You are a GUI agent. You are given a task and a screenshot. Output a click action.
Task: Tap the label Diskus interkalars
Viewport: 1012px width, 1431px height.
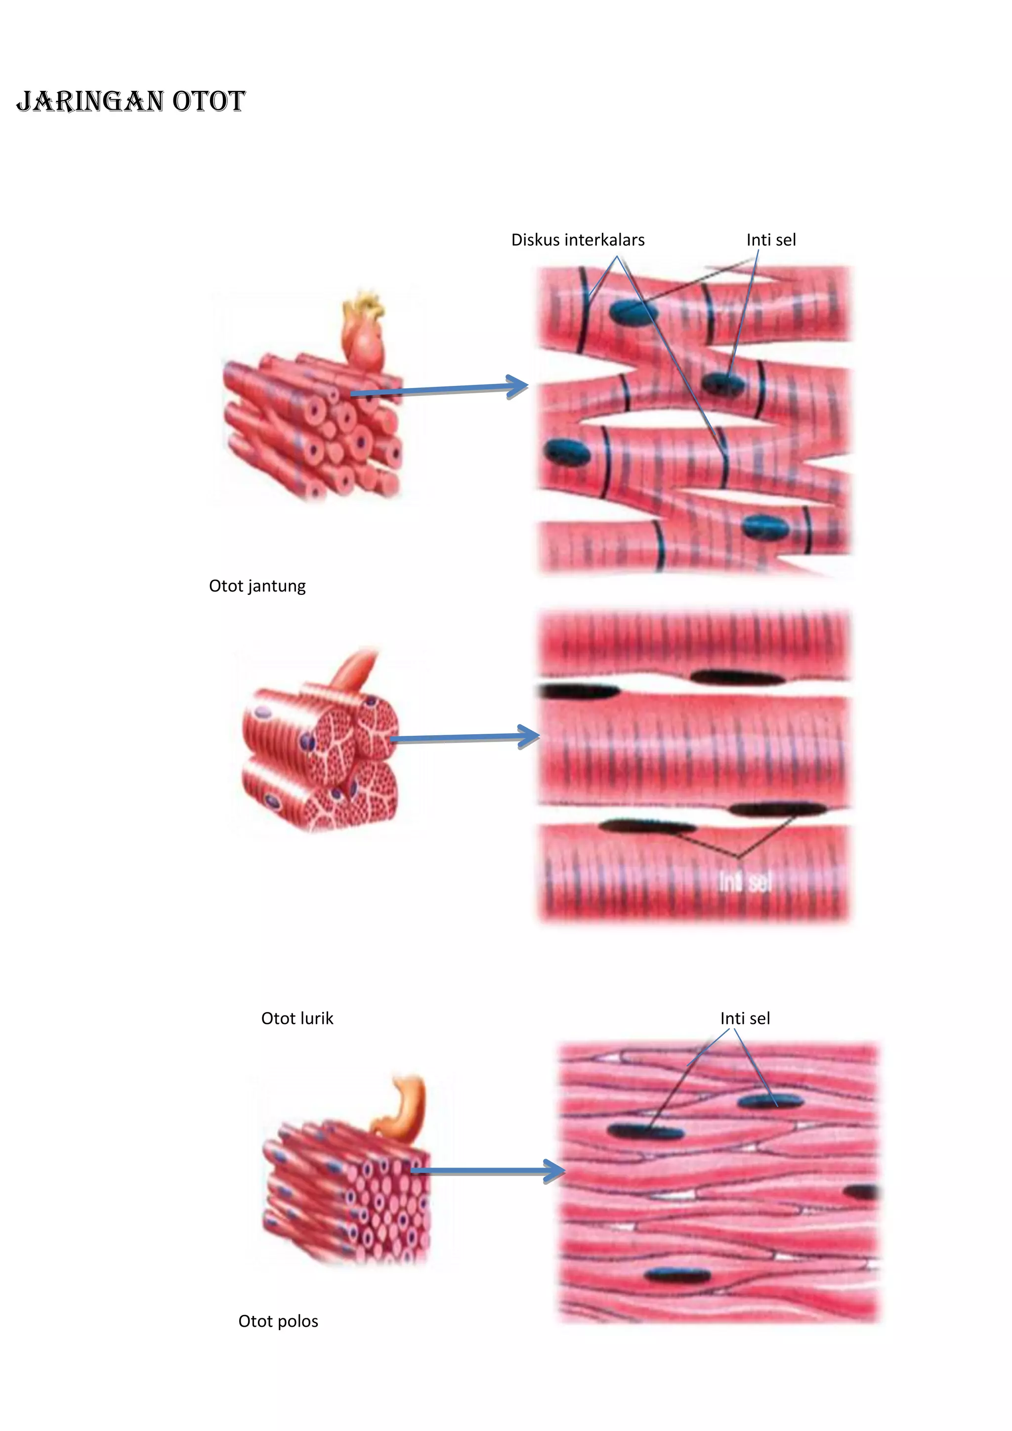pos(578,240)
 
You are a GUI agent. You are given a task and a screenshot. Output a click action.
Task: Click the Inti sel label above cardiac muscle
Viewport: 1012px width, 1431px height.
pos(771,240)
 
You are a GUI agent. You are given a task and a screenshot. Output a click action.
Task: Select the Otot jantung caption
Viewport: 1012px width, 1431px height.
pos(257,586)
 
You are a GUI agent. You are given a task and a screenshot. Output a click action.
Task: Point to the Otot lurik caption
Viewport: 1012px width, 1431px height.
pos(297,1018)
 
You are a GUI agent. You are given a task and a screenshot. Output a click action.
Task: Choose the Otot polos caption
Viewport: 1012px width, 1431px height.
pos(278,1321)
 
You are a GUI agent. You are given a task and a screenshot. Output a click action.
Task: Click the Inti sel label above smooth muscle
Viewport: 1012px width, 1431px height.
pos(745,1018)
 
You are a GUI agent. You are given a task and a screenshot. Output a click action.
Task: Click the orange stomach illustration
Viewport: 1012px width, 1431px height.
pos(406,1106)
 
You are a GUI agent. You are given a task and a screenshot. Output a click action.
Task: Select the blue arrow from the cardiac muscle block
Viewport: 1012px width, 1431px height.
pos(439,389)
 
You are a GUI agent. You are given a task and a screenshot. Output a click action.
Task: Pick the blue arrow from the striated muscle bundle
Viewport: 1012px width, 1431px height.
pos(464,738)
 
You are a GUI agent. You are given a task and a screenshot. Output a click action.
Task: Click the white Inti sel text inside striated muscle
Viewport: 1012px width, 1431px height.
pos(745,882)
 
